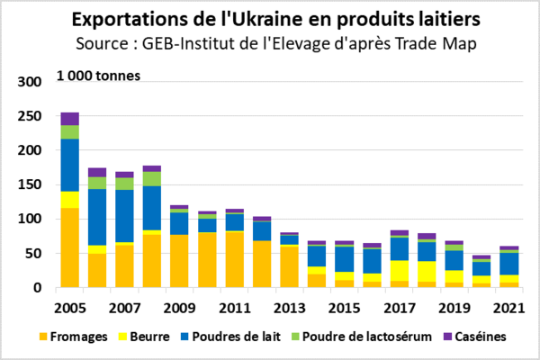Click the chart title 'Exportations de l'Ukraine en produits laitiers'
coord(269,19)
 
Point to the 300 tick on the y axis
coord(31,82)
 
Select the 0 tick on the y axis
coord(38,288)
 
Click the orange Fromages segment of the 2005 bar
coord(70,247)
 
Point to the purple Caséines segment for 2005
coord(70,119)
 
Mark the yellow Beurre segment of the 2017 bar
coord(399,271)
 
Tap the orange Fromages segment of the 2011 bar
coord(234,260)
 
